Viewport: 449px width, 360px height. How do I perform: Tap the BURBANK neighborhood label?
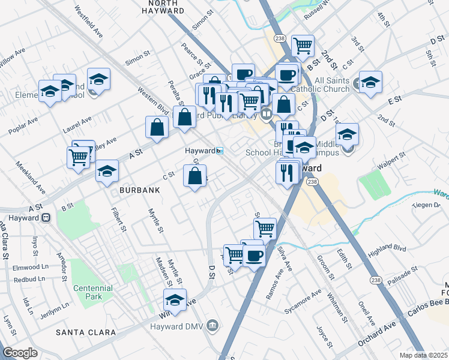pos(139,190)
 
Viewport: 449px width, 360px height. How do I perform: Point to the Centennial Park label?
pos(93,293)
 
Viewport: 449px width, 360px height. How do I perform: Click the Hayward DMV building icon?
pos(212,326)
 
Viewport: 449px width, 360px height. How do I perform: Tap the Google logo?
pos(20,353)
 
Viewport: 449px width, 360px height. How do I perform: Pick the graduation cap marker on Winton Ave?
pos(175,299)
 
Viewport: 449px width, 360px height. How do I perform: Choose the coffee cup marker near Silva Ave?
pos(255,256)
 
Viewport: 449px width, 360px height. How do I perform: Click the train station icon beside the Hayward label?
pos(220,151)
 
